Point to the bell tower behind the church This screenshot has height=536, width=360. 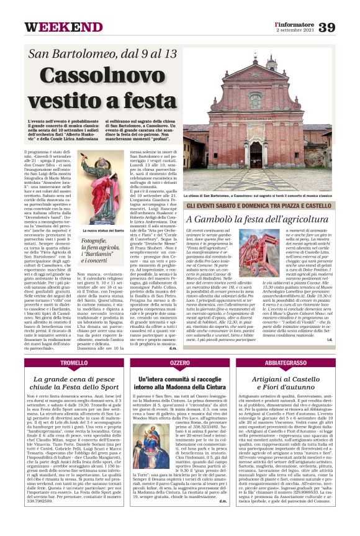coord(271,65)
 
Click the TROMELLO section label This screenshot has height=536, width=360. coord(74,362)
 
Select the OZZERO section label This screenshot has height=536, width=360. coord(180,362)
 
